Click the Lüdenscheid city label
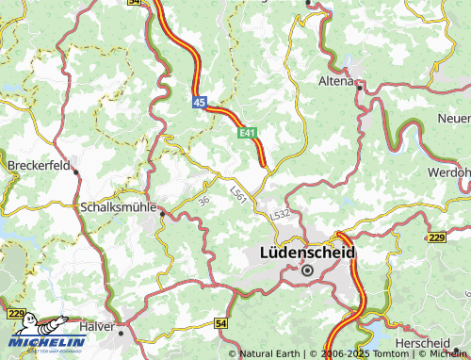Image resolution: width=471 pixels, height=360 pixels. point(307,253)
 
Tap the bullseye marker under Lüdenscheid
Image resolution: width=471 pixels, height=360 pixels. point(307,270)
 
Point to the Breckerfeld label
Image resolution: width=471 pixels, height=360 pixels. point(39,164)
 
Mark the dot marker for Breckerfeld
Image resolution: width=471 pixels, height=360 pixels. point(76,172)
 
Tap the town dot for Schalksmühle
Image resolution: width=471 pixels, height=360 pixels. point(161,214)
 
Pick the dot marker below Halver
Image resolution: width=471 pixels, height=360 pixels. point(121,332)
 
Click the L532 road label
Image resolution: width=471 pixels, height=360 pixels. point(280,215)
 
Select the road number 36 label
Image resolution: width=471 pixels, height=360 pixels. point(204,200)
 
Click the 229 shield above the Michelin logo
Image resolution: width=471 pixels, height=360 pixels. point(14,313)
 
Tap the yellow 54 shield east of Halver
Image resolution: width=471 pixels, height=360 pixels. point(220,323)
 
